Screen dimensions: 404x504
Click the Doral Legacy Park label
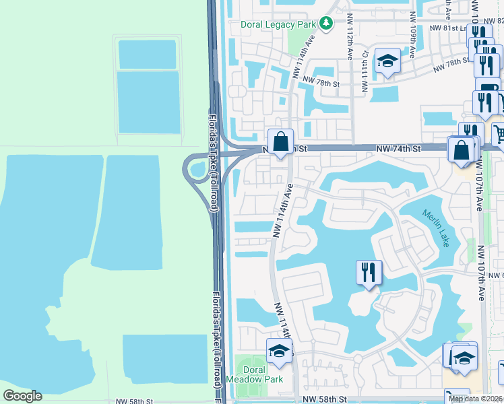click(278, 24)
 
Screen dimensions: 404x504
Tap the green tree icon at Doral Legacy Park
click(326, 24)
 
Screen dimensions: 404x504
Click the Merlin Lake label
click(435, 228)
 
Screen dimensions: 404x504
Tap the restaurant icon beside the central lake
click(369, 273)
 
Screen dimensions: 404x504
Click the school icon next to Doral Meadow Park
click(280, 352)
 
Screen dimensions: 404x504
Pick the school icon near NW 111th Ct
click(387, 62)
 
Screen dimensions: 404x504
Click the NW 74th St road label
click(398, 147)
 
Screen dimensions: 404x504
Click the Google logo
click(22, 396)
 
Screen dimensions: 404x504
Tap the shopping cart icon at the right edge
click(499, 134)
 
